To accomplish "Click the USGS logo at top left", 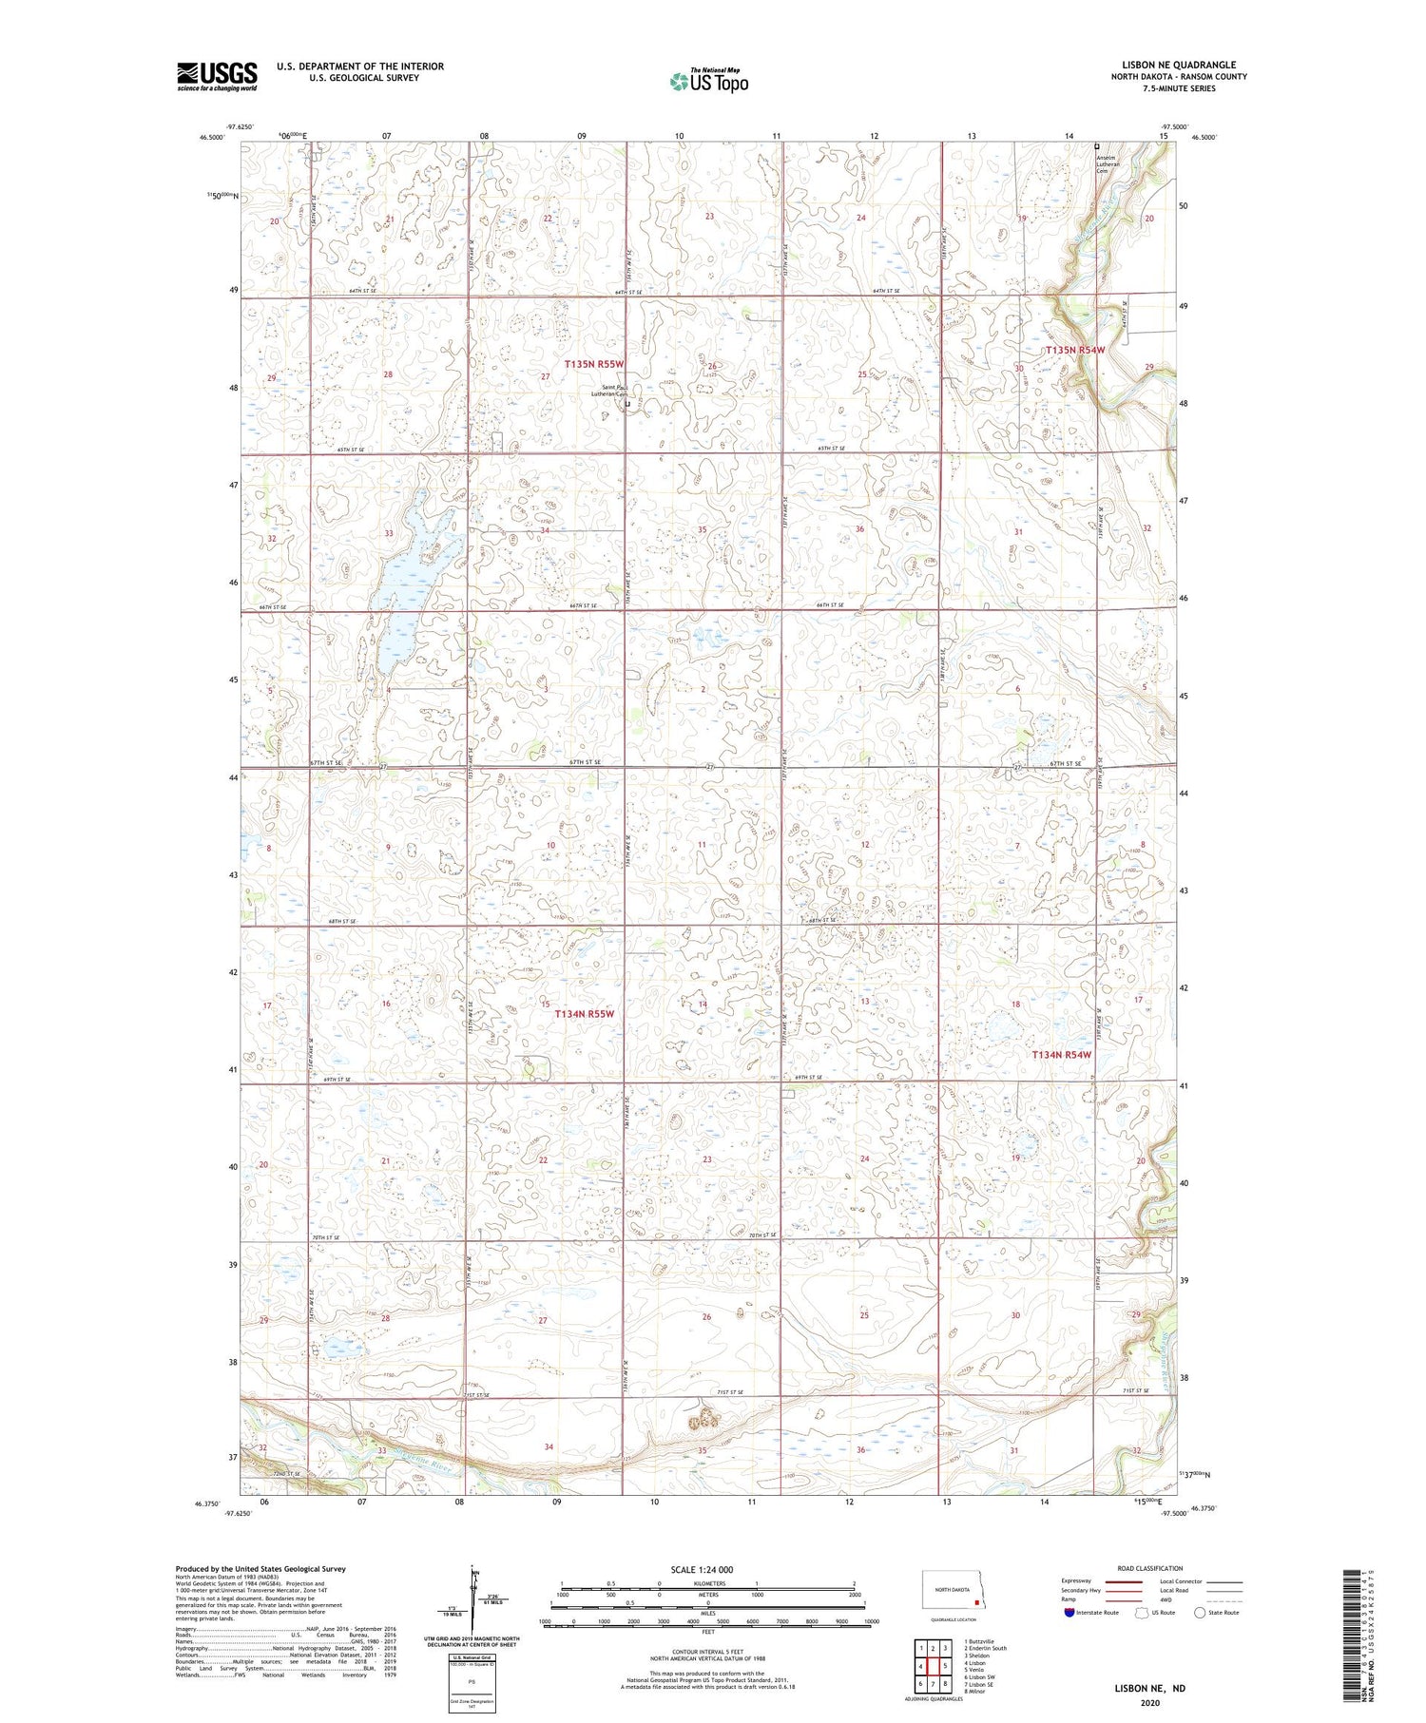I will click(x=217, y=76).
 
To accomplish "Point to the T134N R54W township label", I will click(x=1062, y=1055).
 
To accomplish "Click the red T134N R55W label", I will click(x=585, y=1014).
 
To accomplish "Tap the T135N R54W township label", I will click(x=1075, y=351).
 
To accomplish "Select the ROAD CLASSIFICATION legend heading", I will click(x=1150, y=1568).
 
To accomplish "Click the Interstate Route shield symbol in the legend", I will click(x=1069, y=1613).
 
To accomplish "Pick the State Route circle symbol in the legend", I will click(x=1201, y=1613).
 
